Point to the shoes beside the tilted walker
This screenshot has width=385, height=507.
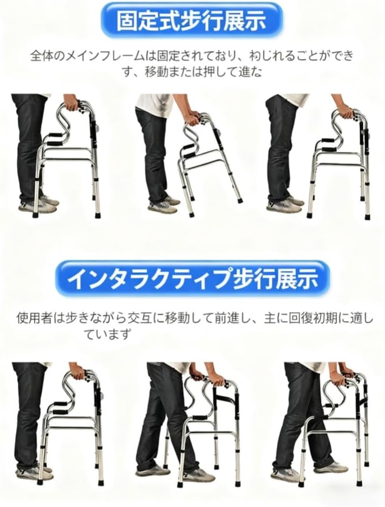[x=162, y=205]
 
